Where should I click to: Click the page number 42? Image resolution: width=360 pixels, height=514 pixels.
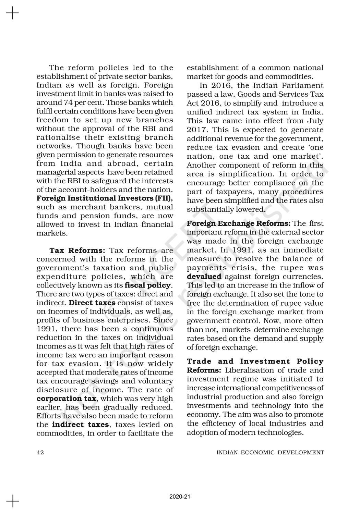(40, 452)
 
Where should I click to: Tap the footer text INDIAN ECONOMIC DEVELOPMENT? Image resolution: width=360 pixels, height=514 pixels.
(270, 452)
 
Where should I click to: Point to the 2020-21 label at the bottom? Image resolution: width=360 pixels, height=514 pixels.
(180, 497)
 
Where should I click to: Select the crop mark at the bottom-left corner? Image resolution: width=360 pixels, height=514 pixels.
(13, 501)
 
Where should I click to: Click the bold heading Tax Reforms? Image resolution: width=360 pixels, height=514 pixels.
(77, 250)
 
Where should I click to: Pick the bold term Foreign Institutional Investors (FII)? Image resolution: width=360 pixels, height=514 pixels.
(105, 198)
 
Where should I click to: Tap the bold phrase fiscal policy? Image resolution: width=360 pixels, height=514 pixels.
(147, 285)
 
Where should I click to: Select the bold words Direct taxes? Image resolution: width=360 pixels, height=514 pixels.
(92, 303)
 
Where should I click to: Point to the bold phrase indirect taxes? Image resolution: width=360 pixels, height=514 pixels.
(81, 425)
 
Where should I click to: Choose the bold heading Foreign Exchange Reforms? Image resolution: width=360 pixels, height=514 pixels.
(239, 223)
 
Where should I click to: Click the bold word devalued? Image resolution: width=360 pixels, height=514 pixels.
(204, 276)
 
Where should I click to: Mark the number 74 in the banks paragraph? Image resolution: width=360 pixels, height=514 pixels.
(68, 102)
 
